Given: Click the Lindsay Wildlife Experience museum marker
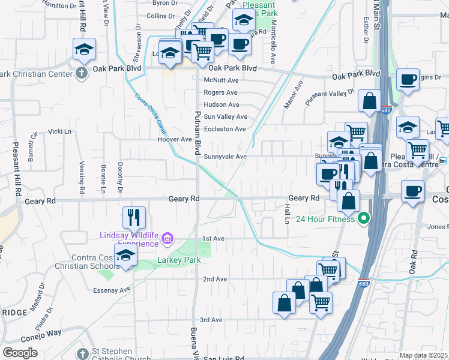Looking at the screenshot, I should click(x=167, y=241).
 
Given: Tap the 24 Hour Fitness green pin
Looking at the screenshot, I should click(x=363, y=218).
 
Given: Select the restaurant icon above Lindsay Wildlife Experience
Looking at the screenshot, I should click(x=134, y=217).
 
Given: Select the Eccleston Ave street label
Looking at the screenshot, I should click(x=224, y=129).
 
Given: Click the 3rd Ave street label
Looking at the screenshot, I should click(x=211, y=320).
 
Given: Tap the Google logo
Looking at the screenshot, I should click(x=20, y=353).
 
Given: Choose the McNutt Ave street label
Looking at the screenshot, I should click(x=221, y=80).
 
